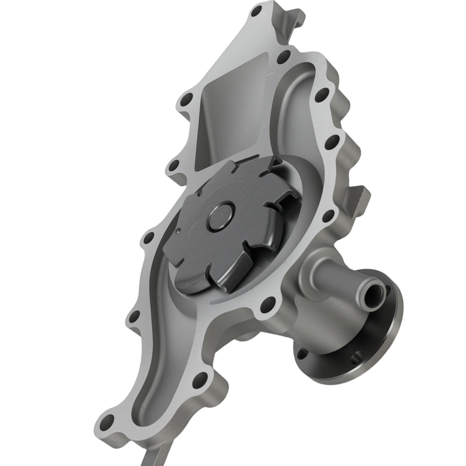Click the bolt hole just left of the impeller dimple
[x=149, y=239]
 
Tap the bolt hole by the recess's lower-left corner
[x=173, y=165]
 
